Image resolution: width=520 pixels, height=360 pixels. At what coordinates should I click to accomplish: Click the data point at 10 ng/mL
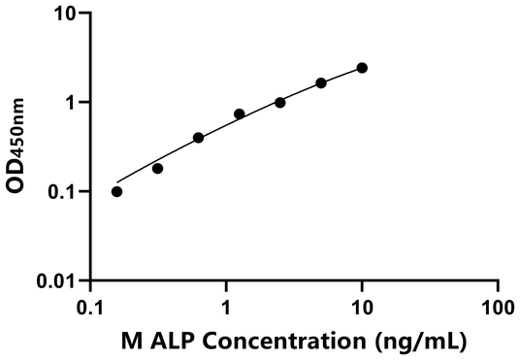coord(362,68)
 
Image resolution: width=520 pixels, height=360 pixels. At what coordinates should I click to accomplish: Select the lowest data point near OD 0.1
coord(117,191)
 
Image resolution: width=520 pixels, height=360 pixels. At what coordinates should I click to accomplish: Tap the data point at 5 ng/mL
coord(321,83)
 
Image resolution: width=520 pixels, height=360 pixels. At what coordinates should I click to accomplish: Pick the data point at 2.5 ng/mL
coord(280,102)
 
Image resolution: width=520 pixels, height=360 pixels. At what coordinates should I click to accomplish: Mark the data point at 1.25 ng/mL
coord(240,114)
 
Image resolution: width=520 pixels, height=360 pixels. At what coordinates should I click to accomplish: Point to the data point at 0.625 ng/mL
coord(199,138)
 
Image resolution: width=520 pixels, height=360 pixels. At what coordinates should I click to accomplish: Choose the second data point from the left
coord(158,168)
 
